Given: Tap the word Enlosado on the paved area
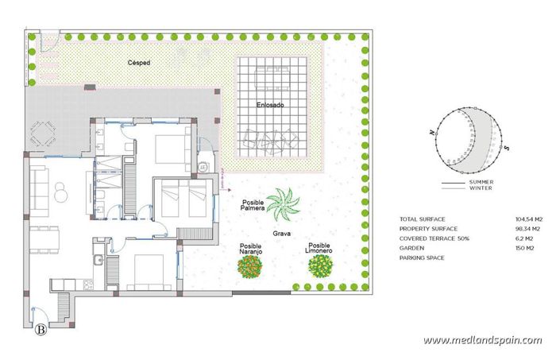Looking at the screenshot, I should [270, 105].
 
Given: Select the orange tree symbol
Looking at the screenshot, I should [251, 265].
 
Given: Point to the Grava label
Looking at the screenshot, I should [281, 234].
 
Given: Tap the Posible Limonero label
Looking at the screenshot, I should [319, 248].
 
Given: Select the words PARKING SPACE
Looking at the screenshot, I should [423, 257].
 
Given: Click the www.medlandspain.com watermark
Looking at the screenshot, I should [482, 340].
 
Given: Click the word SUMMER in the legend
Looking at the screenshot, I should [481, 182].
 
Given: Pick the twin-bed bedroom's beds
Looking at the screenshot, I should [185, 199].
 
